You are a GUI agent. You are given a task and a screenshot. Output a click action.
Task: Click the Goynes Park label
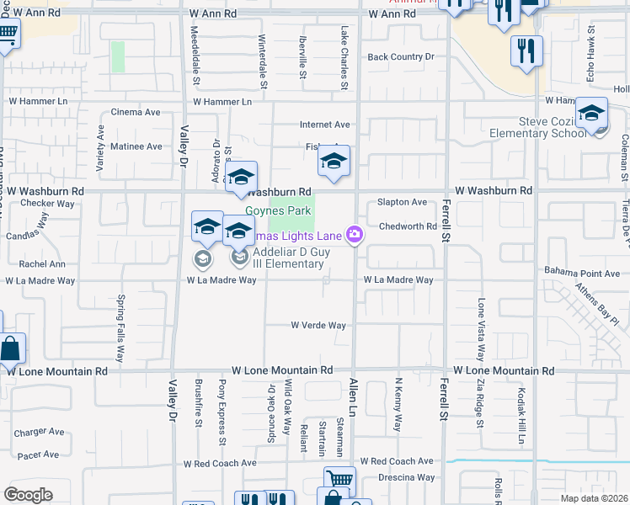coord(278,210)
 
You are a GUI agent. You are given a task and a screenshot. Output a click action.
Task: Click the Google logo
coord(28,495)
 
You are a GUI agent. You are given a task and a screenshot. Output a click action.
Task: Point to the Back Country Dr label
coord(401,57)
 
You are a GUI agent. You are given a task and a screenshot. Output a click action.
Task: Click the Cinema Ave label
coord(136,112)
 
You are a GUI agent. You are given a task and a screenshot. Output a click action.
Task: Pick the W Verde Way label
coord(318,326)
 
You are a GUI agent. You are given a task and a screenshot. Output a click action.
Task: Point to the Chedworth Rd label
coord(408,226)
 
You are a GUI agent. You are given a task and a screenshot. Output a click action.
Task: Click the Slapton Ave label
coord(403,202)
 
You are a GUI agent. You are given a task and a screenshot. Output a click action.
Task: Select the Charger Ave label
coord(39,432)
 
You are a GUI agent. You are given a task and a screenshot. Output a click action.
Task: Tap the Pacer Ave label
coord(39,454)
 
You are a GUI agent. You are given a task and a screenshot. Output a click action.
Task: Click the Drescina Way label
coord(407,477)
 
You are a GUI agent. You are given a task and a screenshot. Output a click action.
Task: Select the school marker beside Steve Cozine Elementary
coord(592,114)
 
